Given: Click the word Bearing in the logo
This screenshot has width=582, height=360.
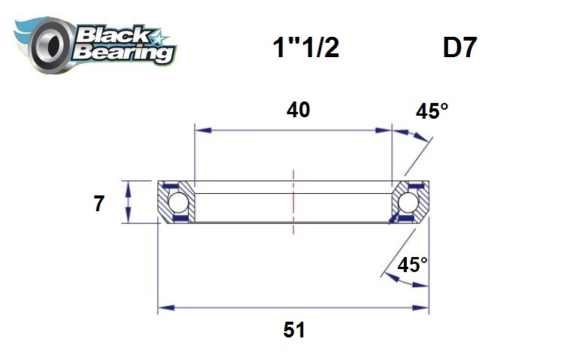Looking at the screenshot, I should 125,53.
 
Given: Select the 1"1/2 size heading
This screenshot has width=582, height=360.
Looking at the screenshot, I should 305,49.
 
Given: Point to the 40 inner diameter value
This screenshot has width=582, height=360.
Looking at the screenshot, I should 298,110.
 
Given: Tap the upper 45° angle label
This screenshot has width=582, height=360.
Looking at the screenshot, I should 432,112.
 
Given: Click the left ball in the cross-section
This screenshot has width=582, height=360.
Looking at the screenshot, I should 177,202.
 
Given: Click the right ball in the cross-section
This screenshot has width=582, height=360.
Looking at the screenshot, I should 408,202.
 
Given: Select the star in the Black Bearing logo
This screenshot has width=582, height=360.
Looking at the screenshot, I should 160,36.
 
